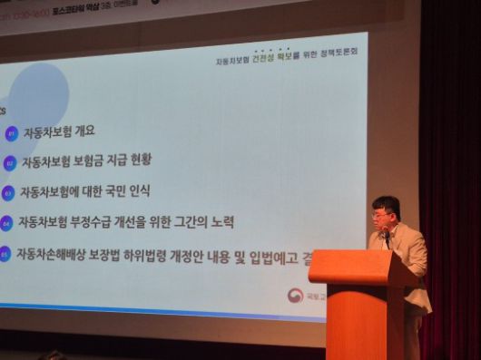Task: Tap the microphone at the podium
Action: point(385,235)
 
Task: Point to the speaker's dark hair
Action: point(386,204)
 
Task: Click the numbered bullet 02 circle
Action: point(10,163)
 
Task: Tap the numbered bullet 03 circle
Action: point(7,192)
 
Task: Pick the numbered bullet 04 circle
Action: point(5,222)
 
